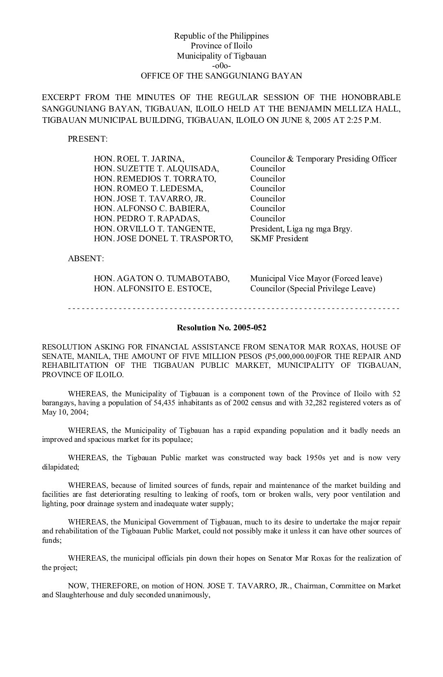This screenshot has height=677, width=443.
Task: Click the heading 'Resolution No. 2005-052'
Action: tap(221, 328)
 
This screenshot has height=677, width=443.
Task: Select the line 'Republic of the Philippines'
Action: tap(221, 36)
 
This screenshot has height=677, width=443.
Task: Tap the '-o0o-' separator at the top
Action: tap(221, 66)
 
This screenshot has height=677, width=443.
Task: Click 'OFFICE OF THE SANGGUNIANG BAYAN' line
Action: tap(221, 76)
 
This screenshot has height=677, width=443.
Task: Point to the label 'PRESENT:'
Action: tap(88, 139)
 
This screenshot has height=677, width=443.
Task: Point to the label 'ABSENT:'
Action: tap(86, 258)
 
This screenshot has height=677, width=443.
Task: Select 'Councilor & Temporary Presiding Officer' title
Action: tap(323, 159)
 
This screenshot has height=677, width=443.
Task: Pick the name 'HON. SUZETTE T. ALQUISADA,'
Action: tap(156, 168)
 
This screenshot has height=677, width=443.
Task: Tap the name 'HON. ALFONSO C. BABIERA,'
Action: tap(151, 208)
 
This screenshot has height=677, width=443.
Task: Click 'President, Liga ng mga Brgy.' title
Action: tap(301, 229)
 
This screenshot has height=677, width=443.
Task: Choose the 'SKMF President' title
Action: tap(279, 238)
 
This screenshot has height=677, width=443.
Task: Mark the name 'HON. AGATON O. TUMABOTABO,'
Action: tap(162, 278)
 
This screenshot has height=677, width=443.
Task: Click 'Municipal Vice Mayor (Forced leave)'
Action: tap(316, 278)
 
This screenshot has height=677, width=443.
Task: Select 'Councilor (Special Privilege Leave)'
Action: tap(313, 288)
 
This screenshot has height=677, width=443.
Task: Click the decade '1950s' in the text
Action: tap(314, 458)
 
